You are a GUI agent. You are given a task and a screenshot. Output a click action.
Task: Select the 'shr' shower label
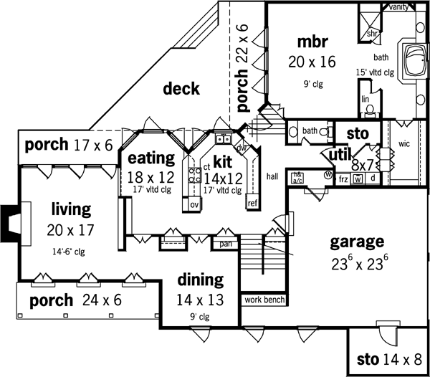point(372,32)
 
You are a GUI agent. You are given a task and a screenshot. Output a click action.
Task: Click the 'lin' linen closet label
point(365,99)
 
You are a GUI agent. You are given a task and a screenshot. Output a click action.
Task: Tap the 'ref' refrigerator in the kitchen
point(252,203)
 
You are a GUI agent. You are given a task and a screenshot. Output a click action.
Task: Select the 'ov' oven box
point(194,204)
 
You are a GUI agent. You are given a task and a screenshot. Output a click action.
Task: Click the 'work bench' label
point(264,300)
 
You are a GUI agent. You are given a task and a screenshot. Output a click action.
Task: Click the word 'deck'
point(181,89)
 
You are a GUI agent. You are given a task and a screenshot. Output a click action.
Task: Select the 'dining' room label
point(201,280)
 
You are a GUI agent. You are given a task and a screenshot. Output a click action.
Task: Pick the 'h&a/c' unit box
point(296,176)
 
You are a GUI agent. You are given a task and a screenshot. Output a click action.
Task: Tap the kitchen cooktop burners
point(194,178)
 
